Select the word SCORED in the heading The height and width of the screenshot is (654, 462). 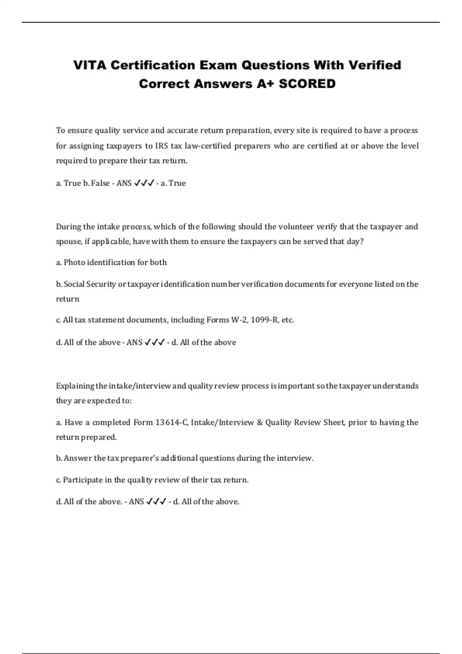(x=307, y=83)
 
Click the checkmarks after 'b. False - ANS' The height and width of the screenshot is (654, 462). (x=144, y=183)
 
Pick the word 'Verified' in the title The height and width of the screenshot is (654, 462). (x=375, y=65)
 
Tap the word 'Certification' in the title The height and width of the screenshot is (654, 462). (x=153, y=65)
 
